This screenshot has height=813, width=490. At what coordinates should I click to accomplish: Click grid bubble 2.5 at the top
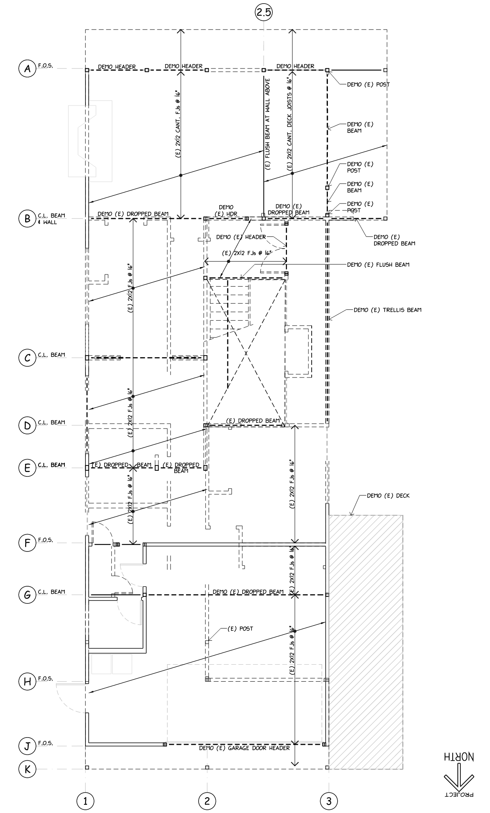[263, 13]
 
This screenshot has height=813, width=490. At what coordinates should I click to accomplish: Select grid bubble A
[28, 69]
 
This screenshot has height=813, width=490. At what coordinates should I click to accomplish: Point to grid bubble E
[28, 468]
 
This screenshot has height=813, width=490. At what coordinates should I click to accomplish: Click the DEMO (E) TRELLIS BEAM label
[387, 310]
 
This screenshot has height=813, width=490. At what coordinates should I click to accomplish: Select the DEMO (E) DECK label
[388, 496]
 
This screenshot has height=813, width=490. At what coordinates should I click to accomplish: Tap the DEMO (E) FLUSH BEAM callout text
[378, 265]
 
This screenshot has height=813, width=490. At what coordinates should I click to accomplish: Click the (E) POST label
[240, 629]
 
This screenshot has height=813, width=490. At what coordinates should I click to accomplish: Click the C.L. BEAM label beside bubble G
[51, 592]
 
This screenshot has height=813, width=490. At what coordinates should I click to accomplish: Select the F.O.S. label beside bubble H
[45, 678]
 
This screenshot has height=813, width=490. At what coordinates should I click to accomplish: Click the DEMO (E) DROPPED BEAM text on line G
[248, 592]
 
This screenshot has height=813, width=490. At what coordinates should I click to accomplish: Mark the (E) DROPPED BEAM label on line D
[253, 420]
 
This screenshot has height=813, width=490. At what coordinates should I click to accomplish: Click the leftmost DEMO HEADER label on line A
[117, 66]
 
